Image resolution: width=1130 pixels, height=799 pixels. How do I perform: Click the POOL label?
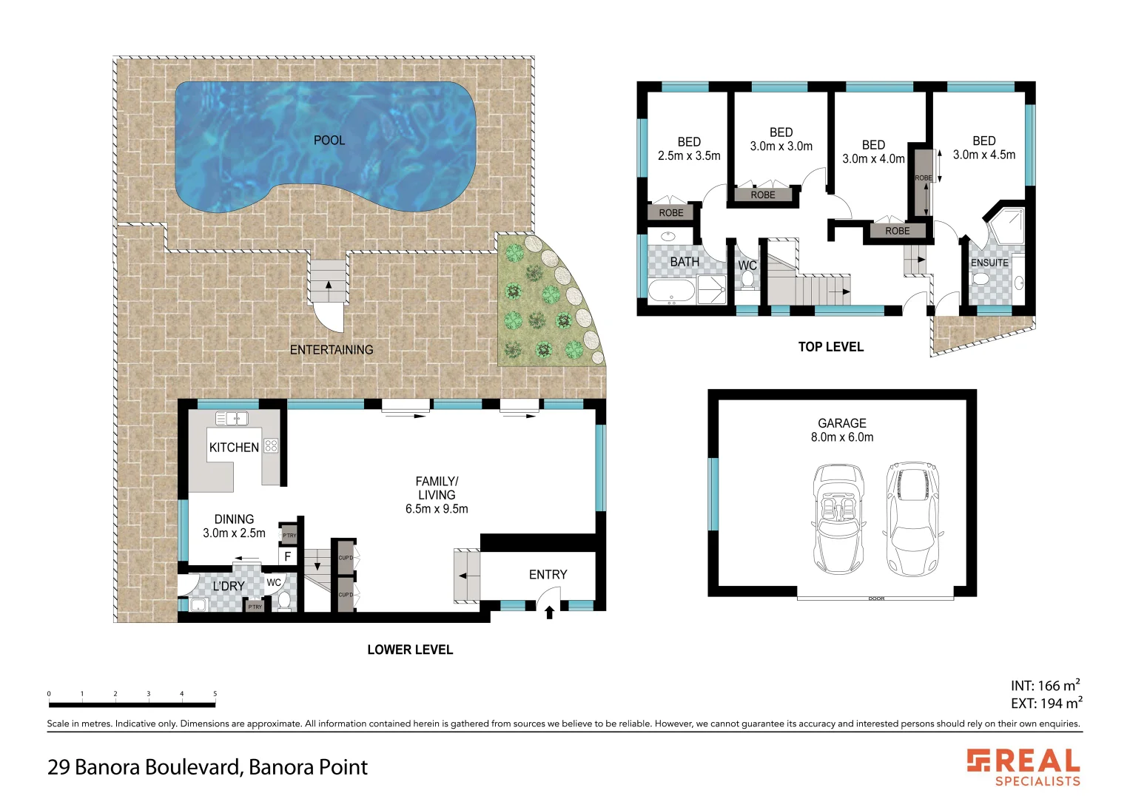tap(329, 140)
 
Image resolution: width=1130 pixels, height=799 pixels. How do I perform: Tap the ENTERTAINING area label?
tap(332, 350)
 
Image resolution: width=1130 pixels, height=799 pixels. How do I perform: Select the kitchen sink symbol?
tap(232, 419)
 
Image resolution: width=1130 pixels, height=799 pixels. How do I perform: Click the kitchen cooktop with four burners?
tap(271, 445)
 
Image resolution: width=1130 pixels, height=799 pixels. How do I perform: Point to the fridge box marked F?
tap(287, 556)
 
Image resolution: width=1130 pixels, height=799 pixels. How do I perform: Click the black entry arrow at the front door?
tap(549, 612)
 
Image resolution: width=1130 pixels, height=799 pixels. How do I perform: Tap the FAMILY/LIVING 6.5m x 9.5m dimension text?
tap(437, 509)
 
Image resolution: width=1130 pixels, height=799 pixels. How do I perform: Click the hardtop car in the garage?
tap(913, 519)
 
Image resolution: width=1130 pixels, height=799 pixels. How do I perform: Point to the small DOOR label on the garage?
tap(876, 599)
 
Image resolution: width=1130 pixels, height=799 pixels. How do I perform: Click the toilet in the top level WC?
tap(747, 280)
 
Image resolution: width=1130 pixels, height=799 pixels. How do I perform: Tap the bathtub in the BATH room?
tap(672, 291)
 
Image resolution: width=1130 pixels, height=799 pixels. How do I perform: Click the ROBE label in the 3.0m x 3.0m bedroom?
tap(763, 195)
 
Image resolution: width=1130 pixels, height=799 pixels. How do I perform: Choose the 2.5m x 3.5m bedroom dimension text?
tap(689, 156)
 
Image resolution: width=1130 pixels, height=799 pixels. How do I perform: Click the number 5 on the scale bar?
tap(215, 694)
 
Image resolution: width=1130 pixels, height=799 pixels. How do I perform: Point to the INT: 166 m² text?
tap(1045, 686)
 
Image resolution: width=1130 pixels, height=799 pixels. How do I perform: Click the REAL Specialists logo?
tap(1024, 767)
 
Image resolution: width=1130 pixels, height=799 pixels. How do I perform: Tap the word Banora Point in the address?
tap(308, 767)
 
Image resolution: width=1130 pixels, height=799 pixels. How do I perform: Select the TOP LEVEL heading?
tap(830, 347)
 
